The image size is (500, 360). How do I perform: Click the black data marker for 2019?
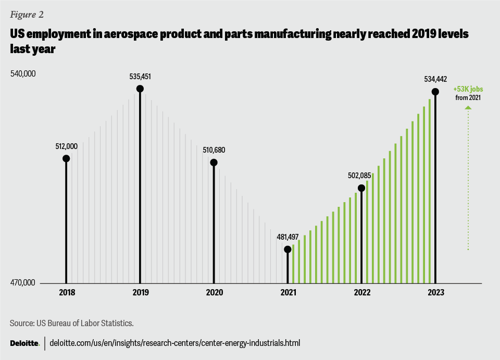click(x=140, y=89)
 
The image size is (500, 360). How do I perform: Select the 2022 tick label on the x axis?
click(x=361, y=293)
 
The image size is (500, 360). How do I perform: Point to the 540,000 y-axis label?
click(x=23, y=74)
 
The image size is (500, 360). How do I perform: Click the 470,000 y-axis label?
click(x=23, y=283)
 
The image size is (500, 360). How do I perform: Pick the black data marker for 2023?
click(x=435, y=92)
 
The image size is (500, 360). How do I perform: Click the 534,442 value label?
click(x=435, y=80)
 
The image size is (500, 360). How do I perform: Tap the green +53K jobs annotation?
click(x=468, y=89)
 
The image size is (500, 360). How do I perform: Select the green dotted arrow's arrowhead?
click(x=468, y=108)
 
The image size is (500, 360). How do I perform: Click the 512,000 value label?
click(x=66, y=146)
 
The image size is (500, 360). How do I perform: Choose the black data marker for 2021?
click(x=287, y=249)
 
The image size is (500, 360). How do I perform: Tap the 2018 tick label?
click(x=67, y=293)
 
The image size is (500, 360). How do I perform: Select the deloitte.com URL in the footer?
click(x=174, y=343)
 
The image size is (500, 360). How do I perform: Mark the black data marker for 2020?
click(x=214, y=162)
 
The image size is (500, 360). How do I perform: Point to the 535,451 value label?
click(x=140, y=77)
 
